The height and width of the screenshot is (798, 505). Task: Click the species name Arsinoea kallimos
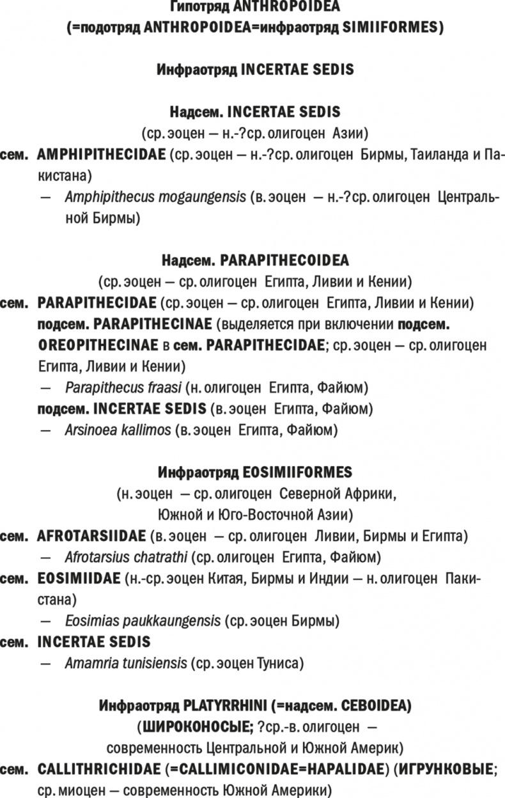[118, 430]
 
